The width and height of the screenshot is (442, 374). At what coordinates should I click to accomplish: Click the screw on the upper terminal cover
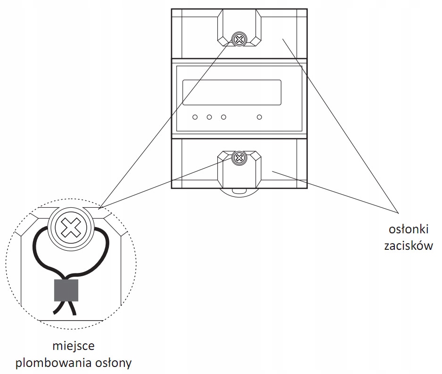pyautogui.click(x=239, y=39)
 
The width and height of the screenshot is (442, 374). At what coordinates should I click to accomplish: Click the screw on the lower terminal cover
pyautogui.click(x=239, y=158)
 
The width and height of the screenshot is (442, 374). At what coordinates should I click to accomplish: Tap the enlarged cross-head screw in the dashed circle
pyautogui.click(x=71, y=228)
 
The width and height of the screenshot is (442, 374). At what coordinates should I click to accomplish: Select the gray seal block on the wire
pyautogui.click(x=66, y=290)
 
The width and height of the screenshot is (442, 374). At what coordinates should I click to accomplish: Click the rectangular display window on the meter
pyautogui.click(x=232, y=93)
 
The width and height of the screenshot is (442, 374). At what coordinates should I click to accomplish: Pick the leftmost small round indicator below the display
pyautogui.click(x=195, y=117)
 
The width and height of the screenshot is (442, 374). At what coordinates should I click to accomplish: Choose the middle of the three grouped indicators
pyautogui.click(x=209, y=117)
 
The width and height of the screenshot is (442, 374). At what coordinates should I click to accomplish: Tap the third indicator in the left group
pyautogui.click(x=223, y=117)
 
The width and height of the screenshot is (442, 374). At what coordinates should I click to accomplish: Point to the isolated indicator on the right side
pyautogui.click(x=259, y=117)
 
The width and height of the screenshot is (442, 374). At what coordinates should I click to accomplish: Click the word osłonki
pyautogui.click(x=409, y=229)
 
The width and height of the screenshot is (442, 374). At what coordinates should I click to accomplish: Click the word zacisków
pyautogui.click(x=409, y=246)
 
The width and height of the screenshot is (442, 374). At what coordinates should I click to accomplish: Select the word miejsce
pyautogui.click(x=74, y=346)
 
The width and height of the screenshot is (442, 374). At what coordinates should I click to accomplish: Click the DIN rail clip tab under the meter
pyautogui.click(x=239, y=191)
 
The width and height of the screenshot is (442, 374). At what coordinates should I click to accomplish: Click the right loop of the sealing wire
pyautogui.click(x=106, y=248)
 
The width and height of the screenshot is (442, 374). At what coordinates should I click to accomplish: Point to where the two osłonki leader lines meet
pyautogui.click(x=398, y=212)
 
